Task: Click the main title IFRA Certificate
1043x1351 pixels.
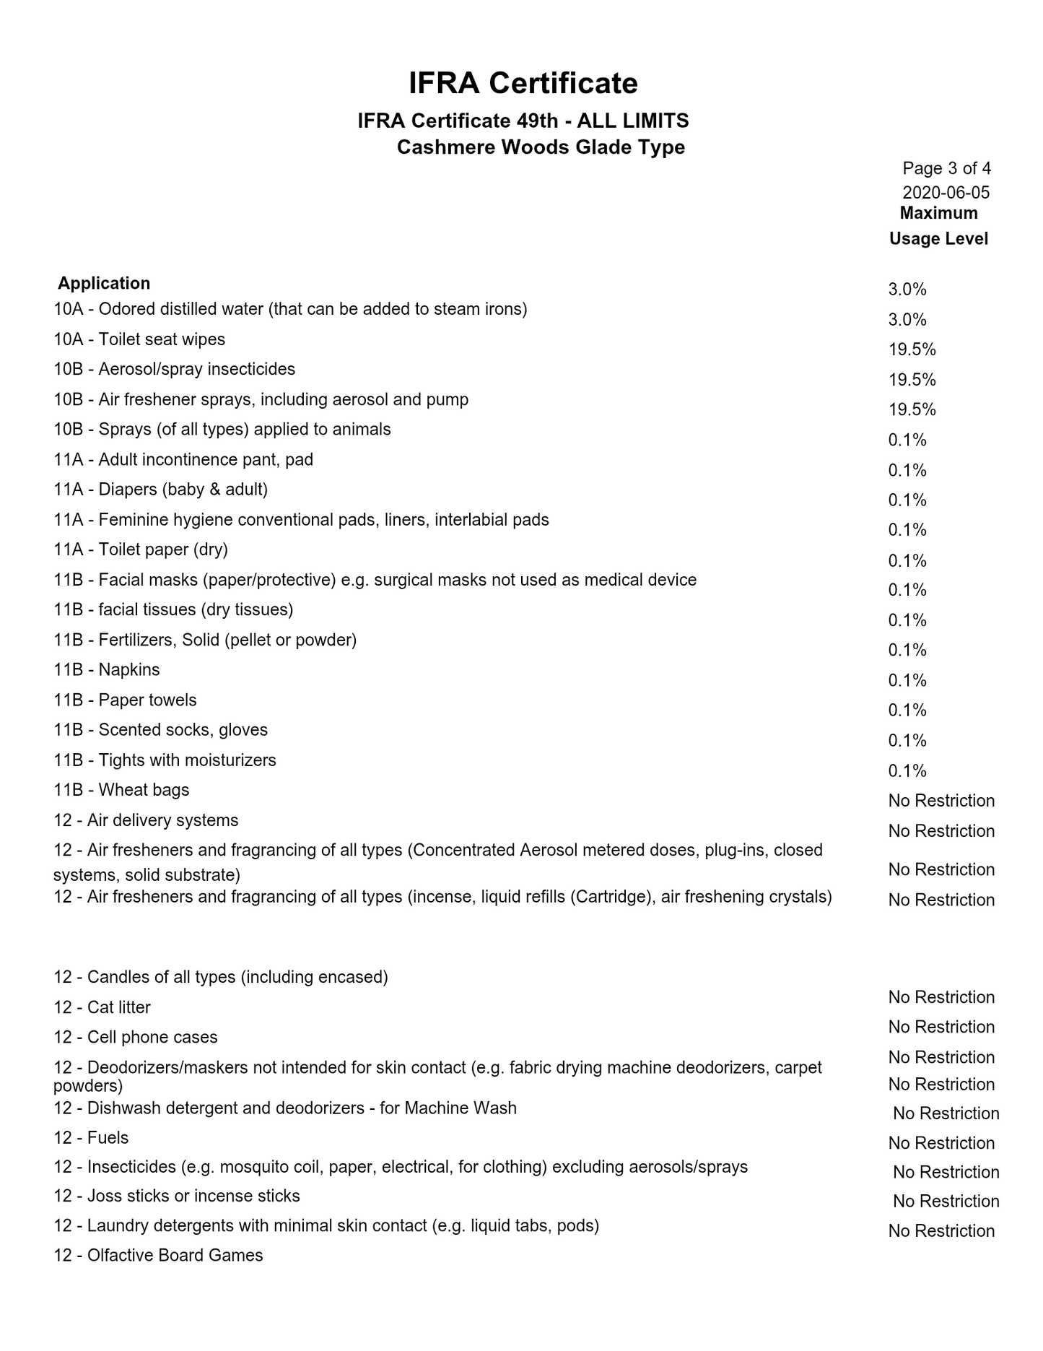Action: pos(523,83)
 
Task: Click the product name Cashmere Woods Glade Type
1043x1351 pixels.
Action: pos(541,147)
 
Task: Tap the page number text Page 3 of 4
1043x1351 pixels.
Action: pos(946,169)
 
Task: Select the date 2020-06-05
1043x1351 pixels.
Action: pos(946,193)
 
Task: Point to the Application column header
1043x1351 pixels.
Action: pos(104,283)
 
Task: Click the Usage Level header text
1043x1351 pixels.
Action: pos(938,239)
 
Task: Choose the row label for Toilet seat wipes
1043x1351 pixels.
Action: pos(139,339)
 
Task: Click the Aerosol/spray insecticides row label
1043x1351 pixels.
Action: pos(174,369)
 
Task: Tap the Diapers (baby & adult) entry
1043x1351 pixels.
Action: pos(160,490)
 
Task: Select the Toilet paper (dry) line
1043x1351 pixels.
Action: pos(141,549)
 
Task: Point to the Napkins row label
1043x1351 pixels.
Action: pos(107,669)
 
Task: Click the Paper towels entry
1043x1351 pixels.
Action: pos(125,700)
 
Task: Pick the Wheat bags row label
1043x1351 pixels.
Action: pos(121,790)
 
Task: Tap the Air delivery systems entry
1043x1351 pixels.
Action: pos(146,820)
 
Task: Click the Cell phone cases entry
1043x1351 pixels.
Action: pos(135,1037)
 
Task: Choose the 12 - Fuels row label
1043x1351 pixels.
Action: pos(91,1138)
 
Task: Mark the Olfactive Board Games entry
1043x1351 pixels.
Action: pos(158,1255)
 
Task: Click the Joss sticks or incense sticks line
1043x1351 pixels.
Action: pos(176,1196)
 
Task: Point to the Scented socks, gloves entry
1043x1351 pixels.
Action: pos(160,730)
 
